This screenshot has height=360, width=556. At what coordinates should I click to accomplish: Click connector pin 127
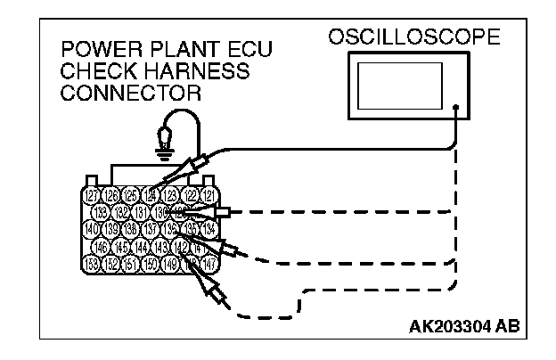pyautogui.click(x=91, y=195)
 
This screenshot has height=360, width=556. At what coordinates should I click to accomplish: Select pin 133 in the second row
pyautogui.click(x=102, y=212)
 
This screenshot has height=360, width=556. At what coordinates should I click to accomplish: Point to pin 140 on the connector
pyautogui.click(x=91, y=229)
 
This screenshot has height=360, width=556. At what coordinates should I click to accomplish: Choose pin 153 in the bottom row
pyautogui.click(x=91, y=263)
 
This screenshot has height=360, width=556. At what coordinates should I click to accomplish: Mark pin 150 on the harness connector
pyautogui.click(x=151, y=263)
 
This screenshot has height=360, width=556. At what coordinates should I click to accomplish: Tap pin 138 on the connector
pyautogui.click(x=132, y=229)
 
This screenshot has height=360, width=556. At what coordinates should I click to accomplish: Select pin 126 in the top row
pyautogui.click(x=111, y=195)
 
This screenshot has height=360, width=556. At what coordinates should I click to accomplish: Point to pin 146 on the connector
pyautogui.click(x=102, y=246)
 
